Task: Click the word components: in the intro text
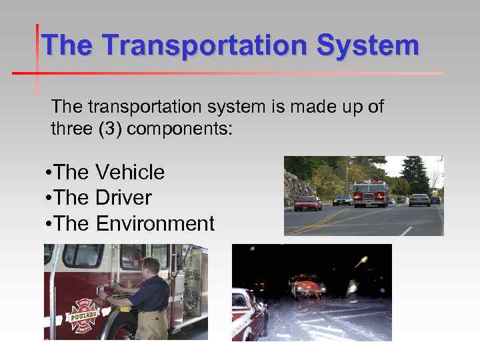pos(179,128)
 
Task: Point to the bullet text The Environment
pos(129,223)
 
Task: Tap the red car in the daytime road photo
pos(307,203)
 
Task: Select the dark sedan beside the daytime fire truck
pos(343,199)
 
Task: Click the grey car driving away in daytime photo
pos(419,199)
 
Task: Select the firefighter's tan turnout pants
pos(153,325)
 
